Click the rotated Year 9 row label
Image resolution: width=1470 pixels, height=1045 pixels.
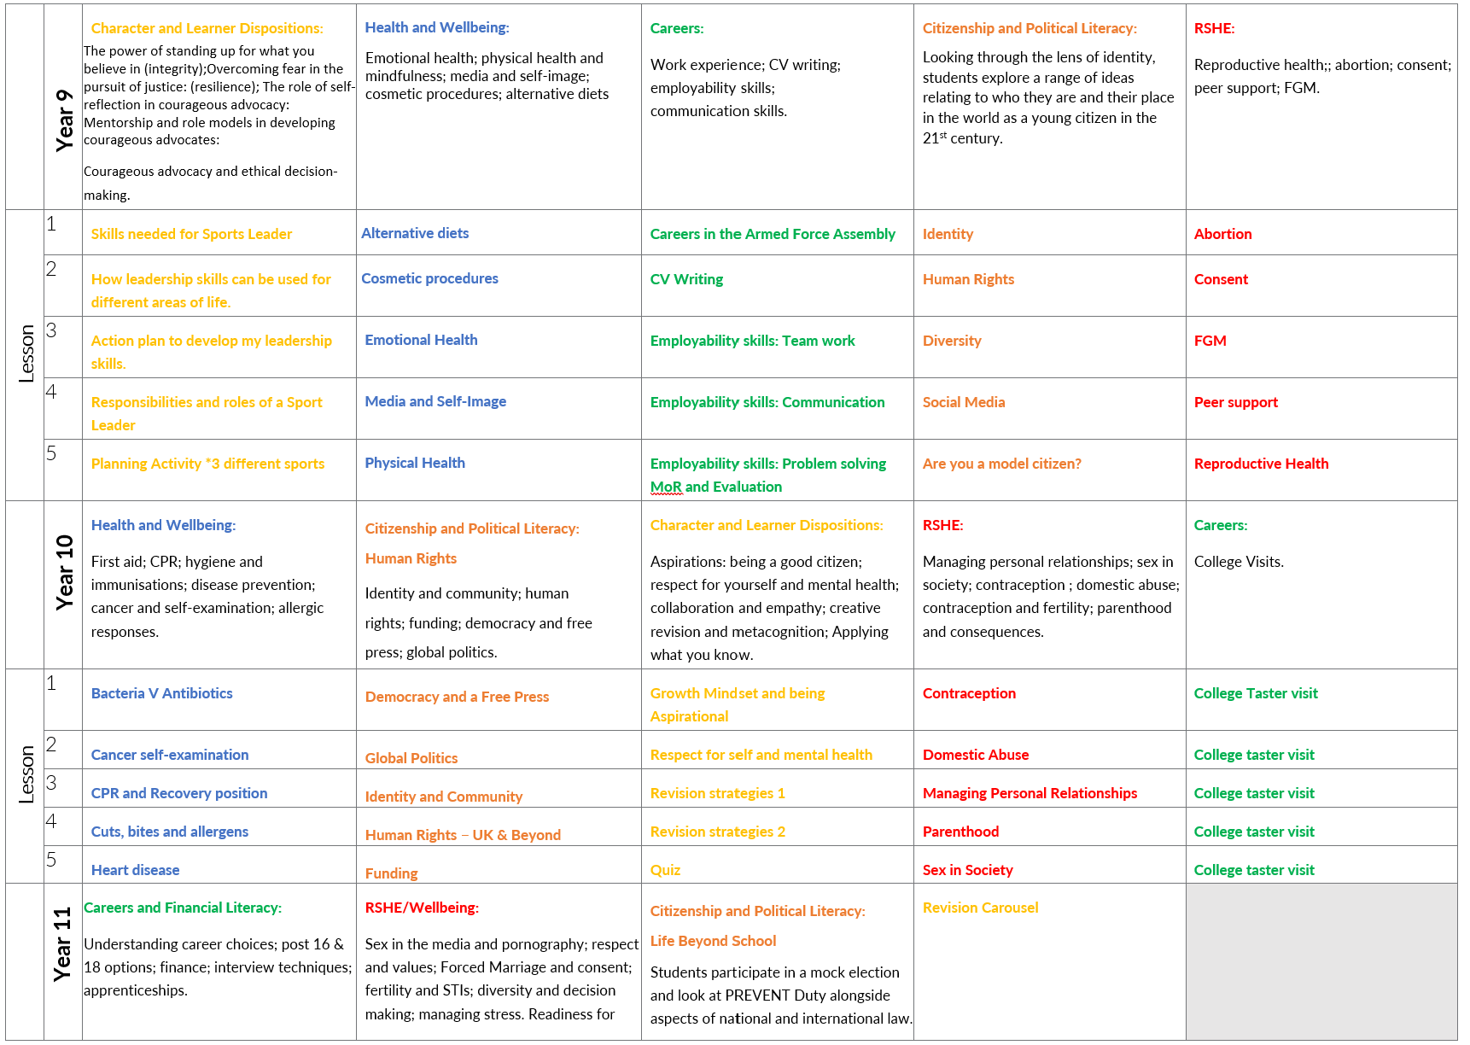click(x=64, y=120)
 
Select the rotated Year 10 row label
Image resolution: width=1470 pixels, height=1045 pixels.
click(x=64, y=572)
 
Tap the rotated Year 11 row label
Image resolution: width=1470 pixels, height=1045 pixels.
click(x=62, y=943)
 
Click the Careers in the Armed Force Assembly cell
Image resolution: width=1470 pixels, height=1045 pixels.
click(x=772, y=234)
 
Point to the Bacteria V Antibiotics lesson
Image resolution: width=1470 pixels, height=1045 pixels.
click(x=161, y=693)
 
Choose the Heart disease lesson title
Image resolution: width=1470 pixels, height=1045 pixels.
click(x=135, y=870)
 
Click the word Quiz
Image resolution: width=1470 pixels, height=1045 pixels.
click(x=665, y=870)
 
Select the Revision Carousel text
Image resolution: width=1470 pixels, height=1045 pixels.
click(x=980, y=908)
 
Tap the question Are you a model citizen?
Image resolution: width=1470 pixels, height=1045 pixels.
click(x=1001, y=464)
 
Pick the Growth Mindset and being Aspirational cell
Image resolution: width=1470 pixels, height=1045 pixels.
click(x=737, y=704)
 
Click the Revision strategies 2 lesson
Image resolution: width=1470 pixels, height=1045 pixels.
click(x=717, y=832)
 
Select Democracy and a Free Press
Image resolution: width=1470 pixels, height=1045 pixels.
click(x=457, y=697)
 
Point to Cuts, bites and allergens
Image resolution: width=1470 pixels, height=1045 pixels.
click(x=169, y=832)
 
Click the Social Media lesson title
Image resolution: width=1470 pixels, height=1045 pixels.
click(x=963, y=402)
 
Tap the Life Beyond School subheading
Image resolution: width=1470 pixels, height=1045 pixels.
click(x=713, y=941)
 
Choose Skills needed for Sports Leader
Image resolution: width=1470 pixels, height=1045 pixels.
click(x=191, y=234)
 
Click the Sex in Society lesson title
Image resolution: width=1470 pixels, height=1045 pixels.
click(x=967, y=870)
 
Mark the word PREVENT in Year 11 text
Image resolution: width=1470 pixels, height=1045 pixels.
click(x=757, y=995)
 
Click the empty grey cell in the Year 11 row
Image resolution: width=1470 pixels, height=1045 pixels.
click(x=1321, y=961)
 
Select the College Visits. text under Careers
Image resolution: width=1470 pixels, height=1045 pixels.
click(x=1238, y=562)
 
